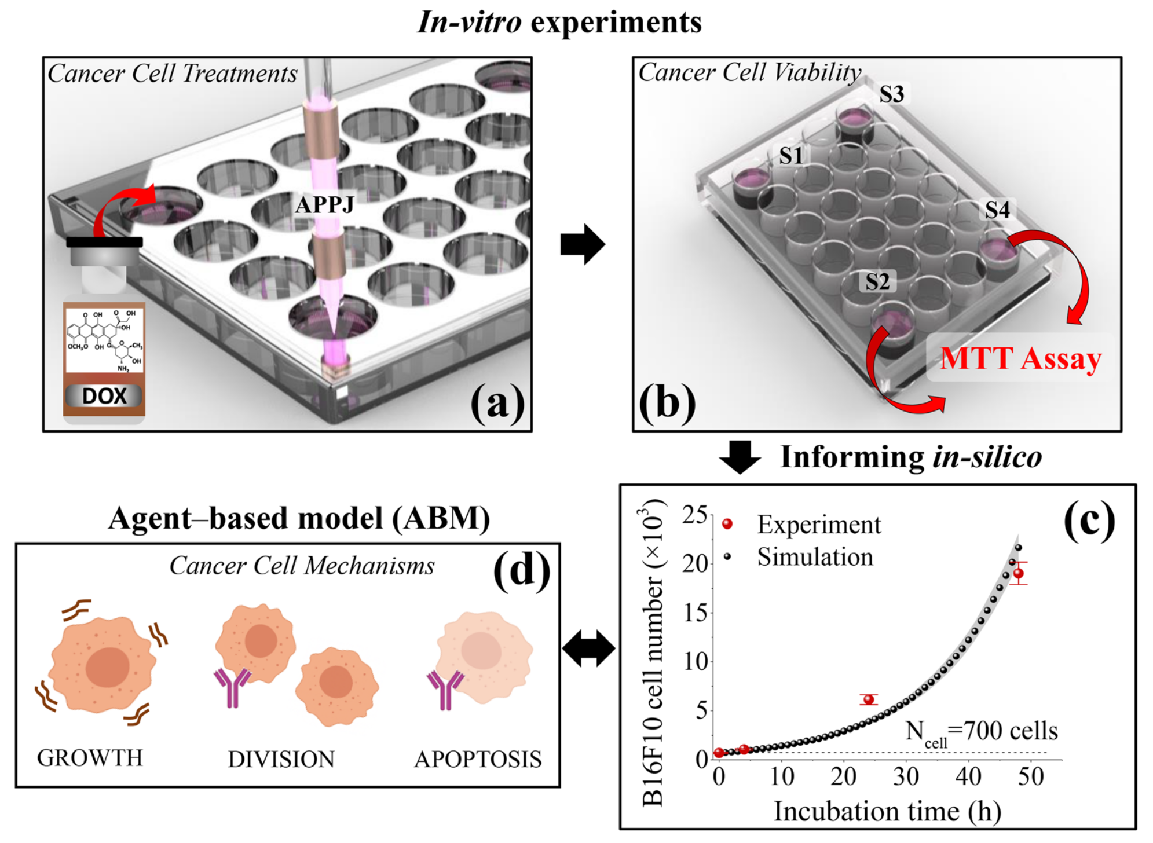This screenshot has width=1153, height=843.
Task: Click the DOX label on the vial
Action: click(104, 396)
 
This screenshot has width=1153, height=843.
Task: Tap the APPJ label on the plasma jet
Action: click(324, 204)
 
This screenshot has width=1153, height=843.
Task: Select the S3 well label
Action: click(891, 94)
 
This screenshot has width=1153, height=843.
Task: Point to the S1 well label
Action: click(791, 156)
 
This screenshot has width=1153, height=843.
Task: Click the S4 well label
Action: click(997, 210)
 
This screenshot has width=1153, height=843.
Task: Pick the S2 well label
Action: click(877, 282)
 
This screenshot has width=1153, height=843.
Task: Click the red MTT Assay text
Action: click(1020, 358)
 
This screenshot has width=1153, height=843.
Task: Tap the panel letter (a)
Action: click(497, 402)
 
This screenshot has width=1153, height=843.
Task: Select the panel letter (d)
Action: click(521, 570)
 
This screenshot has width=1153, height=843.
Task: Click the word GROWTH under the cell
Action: click(90, 758)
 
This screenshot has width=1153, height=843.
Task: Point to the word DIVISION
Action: click(281, 760)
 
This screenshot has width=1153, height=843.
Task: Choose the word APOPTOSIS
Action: click(478, 760)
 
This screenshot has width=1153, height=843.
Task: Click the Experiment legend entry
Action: click(818, 525)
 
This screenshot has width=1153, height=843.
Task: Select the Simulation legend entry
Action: click(815, 557)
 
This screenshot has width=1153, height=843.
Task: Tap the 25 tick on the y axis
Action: click(694, 514)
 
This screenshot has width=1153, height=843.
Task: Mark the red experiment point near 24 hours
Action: click(869, 699)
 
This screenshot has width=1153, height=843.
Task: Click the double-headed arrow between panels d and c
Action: click(588, 648)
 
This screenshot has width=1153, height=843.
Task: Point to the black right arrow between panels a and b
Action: click(582, 244)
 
